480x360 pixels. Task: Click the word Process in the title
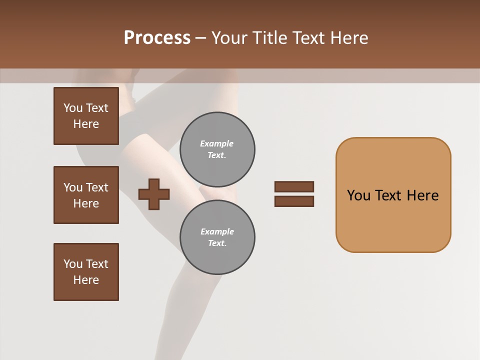157,38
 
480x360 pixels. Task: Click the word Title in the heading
269,38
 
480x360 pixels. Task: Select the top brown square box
86,116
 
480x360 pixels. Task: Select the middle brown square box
86,195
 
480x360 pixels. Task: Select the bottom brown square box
86,272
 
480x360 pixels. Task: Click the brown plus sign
154,194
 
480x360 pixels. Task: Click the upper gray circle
217,149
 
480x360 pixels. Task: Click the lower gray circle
217,237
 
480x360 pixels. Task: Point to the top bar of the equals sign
294,186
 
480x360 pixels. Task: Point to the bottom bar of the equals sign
294,201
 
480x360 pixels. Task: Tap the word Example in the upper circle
216,143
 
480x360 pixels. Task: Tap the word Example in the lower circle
217,231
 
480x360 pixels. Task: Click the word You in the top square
73,108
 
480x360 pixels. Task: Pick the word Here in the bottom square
86,280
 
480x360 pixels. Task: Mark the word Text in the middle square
97,187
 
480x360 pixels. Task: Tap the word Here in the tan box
422,195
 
